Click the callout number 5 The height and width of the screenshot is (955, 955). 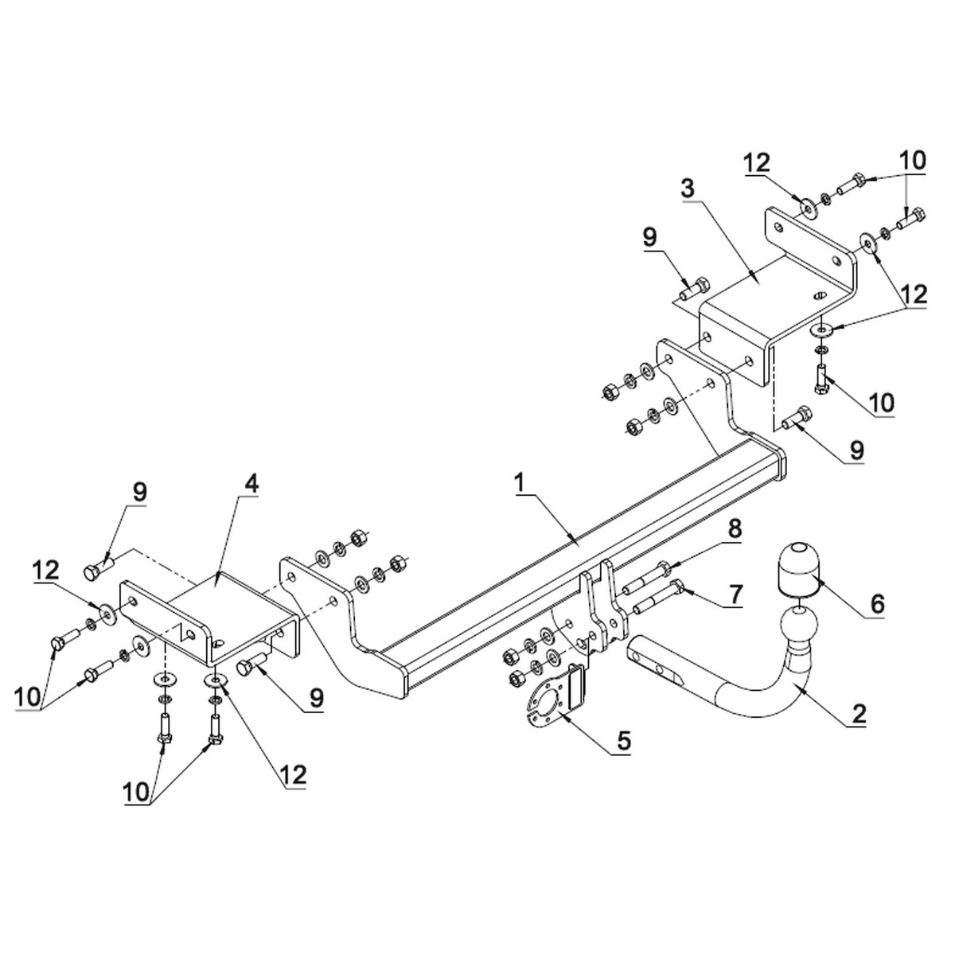click(622, 741)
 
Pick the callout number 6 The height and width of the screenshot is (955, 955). click(877, 604)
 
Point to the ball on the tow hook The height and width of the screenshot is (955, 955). click(798, 626)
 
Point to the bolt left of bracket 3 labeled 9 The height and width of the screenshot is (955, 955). click(693, 290)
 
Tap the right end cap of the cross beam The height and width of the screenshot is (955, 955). click(778, 462)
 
